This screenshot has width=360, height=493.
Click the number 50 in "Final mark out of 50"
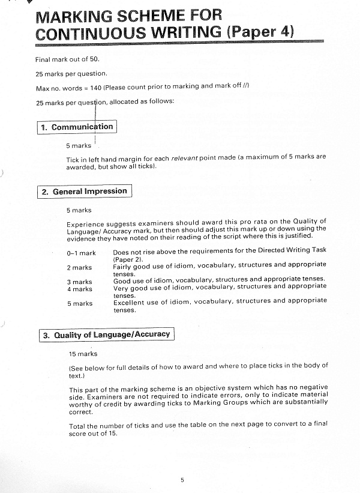[x=85, y=60]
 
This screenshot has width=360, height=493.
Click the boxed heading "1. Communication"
[x=76, y=127]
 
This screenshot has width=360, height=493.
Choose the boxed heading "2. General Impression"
[x=84, y=192]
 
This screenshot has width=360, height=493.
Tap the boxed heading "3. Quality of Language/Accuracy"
[x=106, y=334]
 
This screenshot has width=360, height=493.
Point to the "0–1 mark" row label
[x=81, y=253]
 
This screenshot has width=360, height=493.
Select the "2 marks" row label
[x=79, y=267]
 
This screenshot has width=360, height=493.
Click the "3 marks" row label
[x=79, y=282]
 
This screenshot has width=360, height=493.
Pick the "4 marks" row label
[x=79, y=289]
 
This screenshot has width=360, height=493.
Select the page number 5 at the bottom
[x=182, y=479]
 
